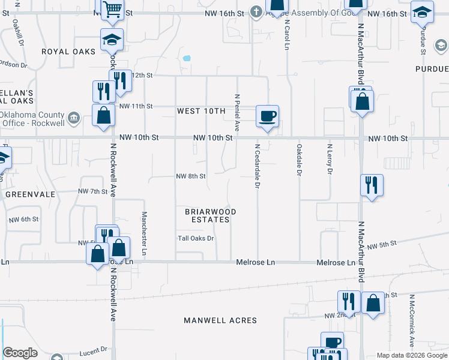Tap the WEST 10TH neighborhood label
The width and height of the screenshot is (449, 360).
pos(200,111)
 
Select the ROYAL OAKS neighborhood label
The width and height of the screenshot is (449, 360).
pos(68,52)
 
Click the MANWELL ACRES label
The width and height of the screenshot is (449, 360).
pos(221,320)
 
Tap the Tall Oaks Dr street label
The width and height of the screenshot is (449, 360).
pos(196,238)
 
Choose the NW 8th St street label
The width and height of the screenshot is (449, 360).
pos(191,176)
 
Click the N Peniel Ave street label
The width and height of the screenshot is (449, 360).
pos(237,113)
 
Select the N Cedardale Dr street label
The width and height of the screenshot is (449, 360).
pos(257,166)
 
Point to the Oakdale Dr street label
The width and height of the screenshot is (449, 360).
pos(298,160)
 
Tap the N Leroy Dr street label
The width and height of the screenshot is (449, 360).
pos(330,159)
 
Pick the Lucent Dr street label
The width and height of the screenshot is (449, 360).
pos(92,349)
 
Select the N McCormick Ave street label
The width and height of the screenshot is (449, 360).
pos(412,321)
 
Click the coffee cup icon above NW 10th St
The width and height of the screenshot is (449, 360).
pos(267,115)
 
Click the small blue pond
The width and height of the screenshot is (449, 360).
pos(187,59)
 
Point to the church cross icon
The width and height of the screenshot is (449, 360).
pos(256,12)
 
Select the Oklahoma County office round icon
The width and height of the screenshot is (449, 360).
pos(74,117)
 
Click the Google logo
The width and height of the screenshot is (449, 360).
pos(20,353)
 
